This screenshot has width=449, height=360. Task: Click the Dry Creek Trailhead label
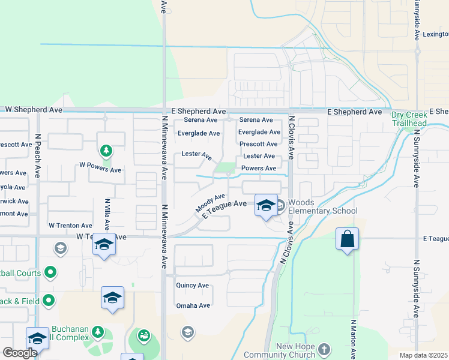click(x=409, y=119)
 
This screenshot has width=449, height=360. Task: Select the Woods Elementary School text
click(x=322, y=206)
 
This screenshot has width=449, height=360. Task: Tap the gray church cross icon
click(x=324, y=349)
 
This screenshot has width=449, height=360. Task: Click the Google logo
click(x=19, y=353)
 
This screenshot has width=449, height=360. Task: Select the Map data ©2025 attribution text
click(x=423, y=355)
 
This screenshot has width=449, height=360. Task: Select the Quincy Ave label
click(x=192, y=286)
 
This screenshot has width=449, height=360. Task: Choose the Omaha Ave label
click(x=193, y=305)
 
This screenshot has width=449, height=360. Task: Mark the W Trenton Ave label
click(x=70, y=226)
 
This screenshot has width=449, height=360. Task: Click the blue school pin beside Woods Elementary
click(x=265, y=206)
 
